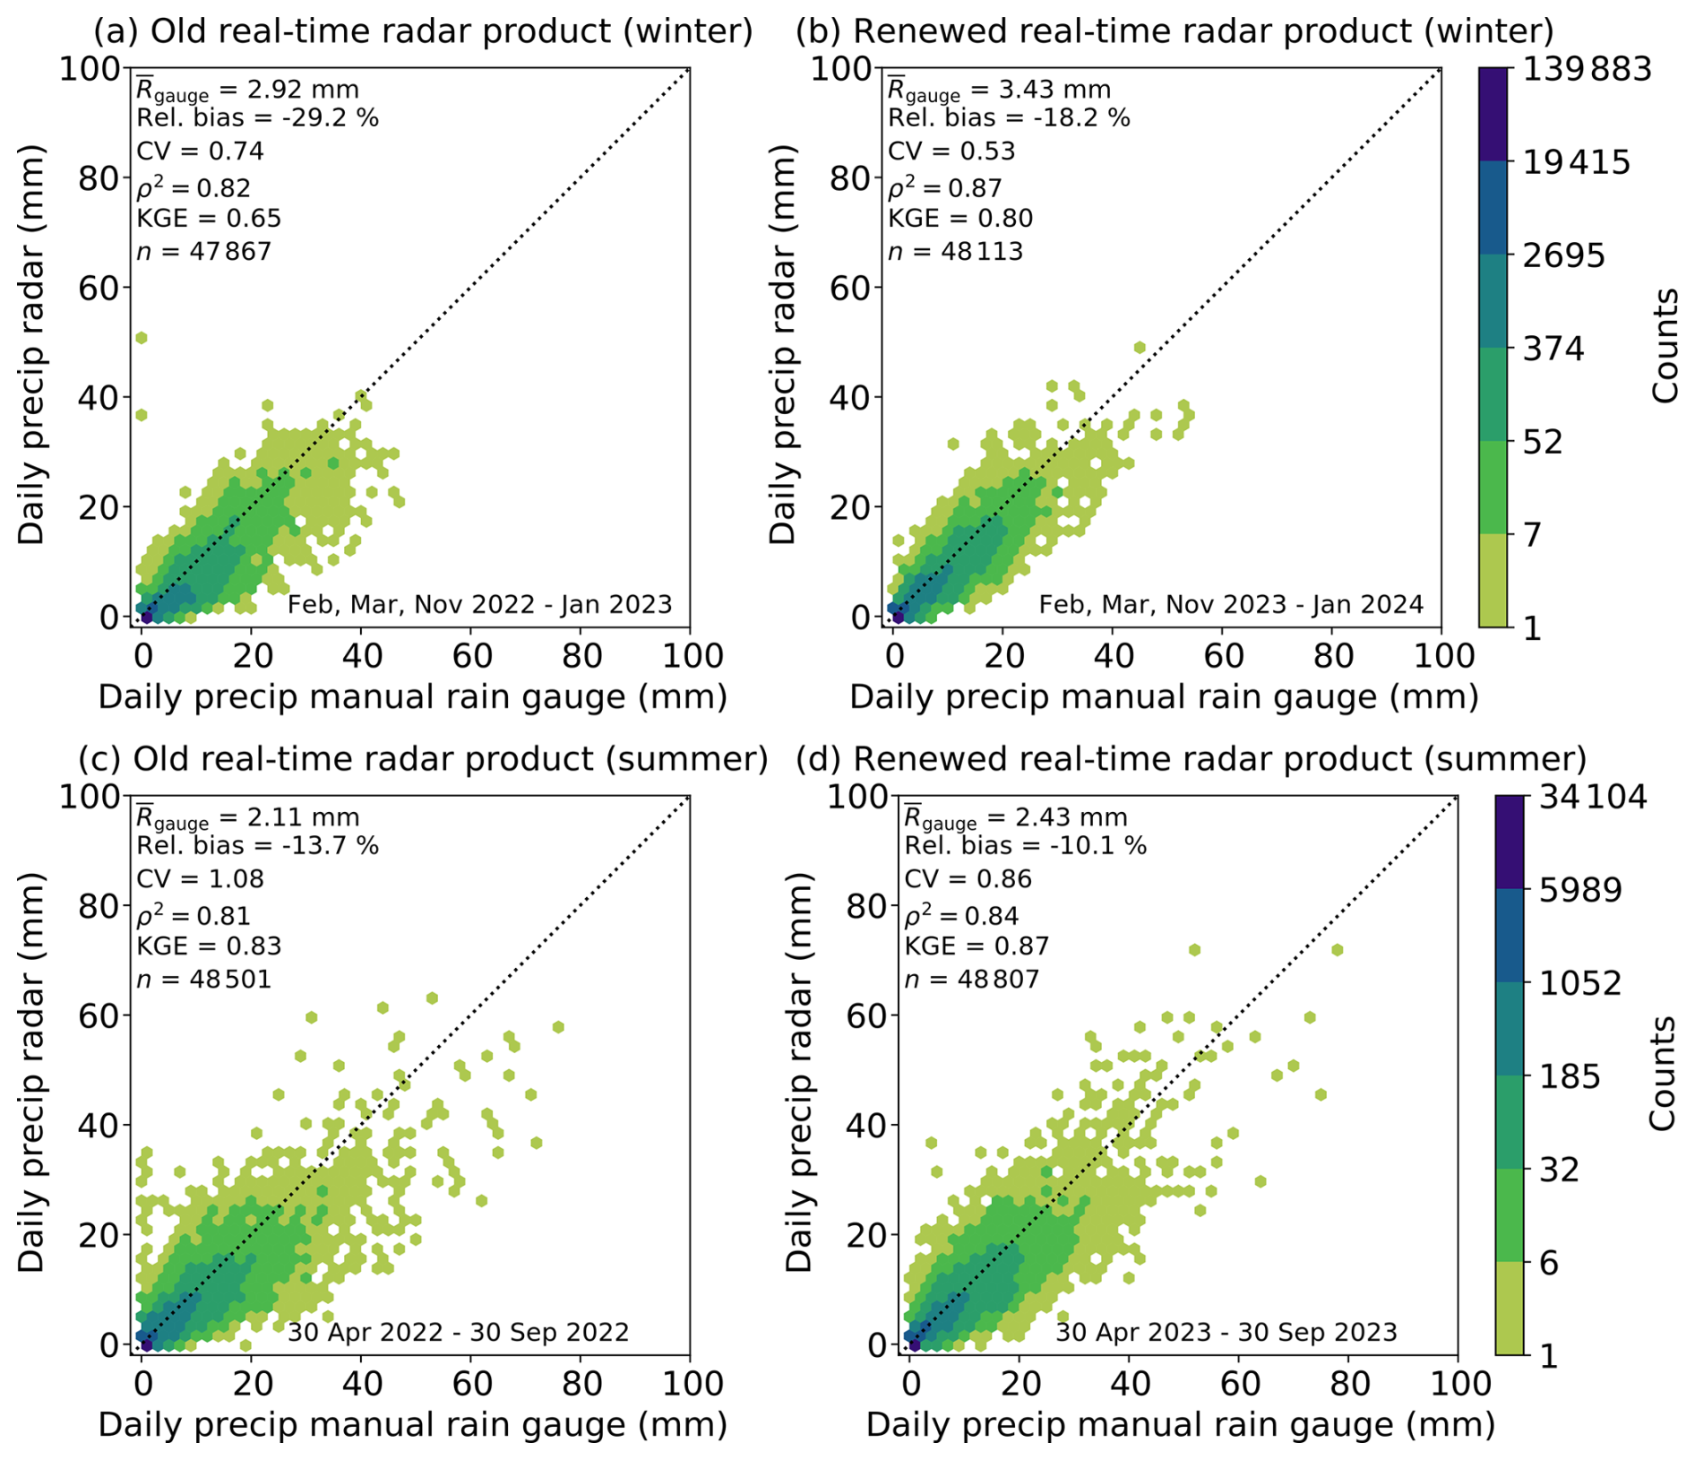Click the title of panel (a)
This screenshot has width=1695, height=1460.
click(423, 31)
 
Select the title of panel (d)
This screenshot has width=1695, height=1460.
click(1192, 759)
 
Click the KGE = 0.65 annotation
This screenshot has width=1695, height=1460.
click(209, 218)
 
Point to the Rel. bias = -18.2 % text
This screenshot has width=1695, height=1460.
click(1009, 117)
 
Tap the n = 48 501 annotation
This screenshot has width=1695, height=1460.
click(203, 979)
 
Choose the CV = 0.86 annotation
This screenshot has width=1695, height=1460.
click(968, 878)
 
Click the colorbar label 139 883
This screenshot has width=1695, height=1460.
click(1582, 68)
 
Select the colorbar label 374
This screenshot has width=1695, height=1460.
click(1553, 349)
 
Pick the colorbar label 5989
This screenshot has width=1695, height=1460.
click(1580, 890)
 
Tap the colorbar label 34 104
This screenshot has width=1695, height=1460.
click(1593, 796)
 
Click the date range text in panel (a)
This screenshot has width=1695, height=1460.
click(479, 604)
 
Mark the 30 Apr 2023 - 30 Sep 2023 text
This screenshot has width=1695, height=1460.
click(1226, 1332)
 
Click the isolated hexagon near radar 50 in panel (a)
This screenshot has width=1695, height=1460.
click(142, 338)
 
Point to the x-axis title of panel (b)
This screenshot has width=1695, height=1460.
click(1163, 697)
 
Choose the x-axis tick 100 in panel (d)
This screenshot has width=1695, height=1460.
click(1457, 1383)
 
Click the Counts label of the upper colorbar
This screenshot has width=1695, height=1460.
click(1665, 345)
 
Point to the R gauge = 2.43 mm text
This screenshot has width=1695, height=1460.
click(1015, 817)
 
